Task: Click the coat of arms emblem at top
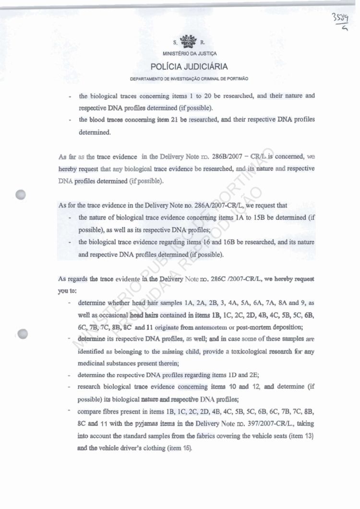182,42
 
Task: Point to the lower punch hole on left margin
21,334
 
